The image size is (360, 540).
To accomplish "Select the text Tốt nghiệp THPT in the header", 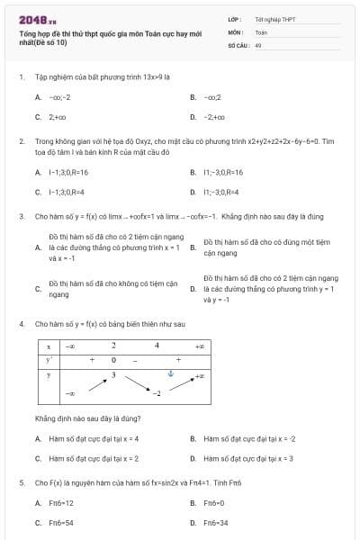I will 274,19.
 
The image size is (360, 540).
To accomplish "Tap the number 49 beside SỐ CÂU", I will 258,44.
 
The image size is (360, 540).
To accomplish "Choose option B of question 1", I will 211,96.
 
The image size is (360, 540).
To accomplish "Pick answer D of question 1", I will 214,117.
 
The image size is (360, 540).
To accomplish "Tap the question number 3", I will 21,217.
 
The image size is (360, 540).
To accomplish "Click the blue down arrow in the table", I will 171,374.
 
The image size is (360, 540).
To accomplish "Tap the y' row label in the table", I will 49,360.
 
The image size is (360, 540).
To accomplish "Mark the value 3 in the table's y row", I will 113,373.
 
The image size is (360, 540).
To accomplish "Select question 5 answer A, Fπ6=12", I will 60,503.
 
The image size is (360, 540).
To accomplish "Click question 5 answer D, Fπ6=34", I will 215,523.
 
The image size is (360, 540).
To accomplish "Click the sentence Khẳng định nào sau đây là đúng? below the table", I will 87,418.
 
